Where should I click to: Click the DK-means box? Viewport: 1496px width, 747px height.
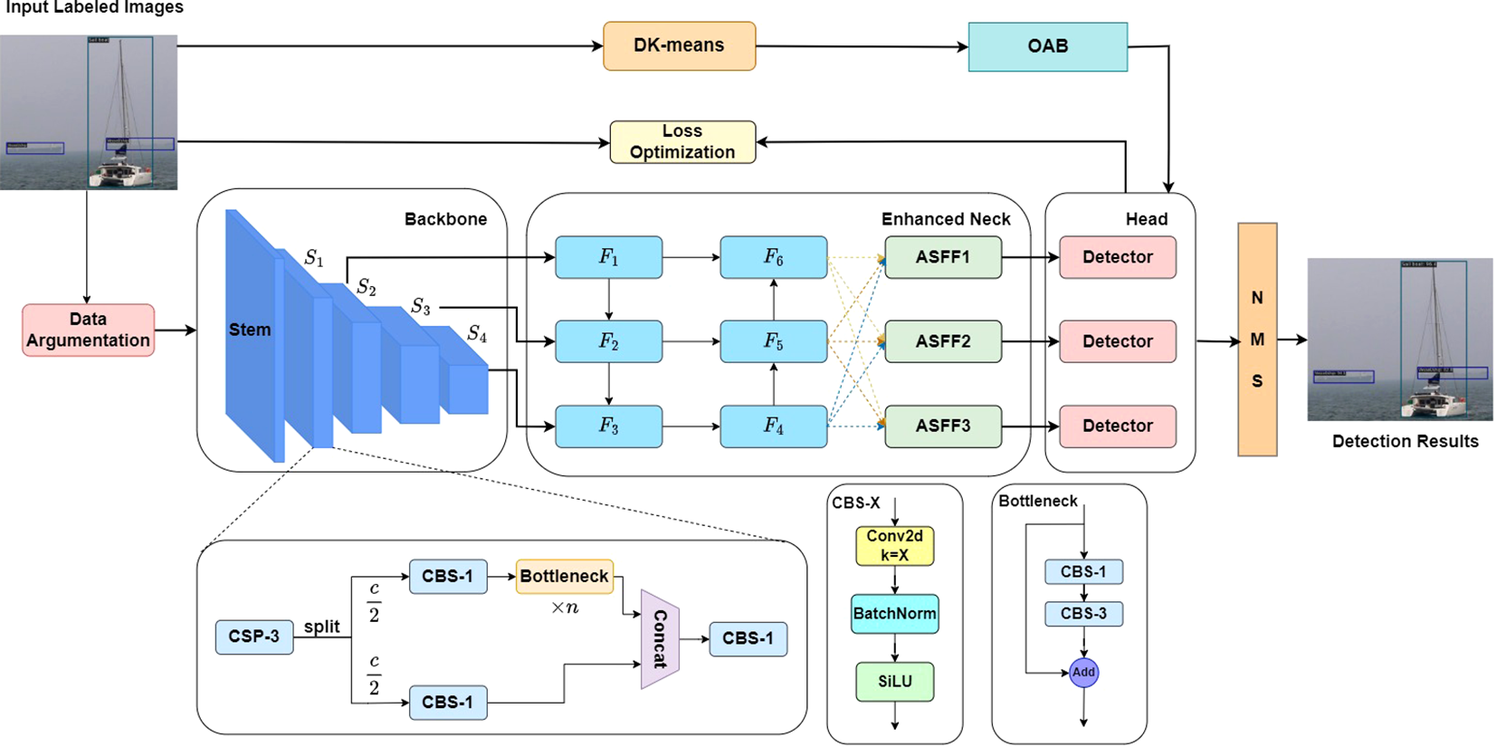679,46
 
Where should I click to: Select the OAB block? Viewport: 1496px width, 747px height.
1047,46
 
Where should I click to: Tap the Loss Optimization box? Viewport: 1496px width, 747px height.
682,142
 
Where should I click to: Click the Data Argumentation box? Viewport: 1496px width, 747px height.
88,330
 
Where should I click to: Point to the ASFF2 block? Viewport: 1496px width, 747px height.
942,341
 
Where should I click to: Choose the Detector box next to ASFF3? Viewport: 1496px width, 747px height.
1117,426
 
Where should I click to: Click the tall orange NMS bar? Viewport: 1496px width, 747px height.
1256,340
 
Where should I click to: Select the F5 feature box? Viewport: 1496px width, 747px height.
773,341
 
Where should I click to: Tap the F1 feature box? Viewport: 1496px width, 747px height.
608,257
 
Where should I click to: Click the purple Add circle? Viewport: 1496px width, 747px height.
1083,672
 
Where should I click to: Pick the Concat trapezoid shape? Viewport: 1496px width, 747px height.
660,638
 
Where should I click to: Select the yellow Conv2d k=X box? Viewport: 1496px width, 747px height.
894,546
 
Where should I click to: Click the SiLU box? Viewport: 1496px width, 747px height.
894,682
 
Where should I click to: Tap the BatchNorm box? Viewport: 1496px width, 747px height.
894,614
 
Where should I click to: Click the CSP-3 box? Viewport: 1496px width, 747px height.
253,637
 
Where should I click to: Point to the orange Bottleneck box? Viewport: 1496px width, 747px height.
564,576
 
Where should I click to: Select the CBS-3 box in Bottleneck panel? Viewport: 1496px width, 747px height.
1083,614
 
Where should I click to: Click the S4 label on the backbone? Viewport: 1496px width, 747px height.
477,334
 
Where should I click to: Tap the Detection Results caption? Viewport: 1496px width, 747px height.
1405,442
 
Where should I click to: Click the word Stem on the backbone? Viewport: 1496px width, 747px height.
250,330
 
